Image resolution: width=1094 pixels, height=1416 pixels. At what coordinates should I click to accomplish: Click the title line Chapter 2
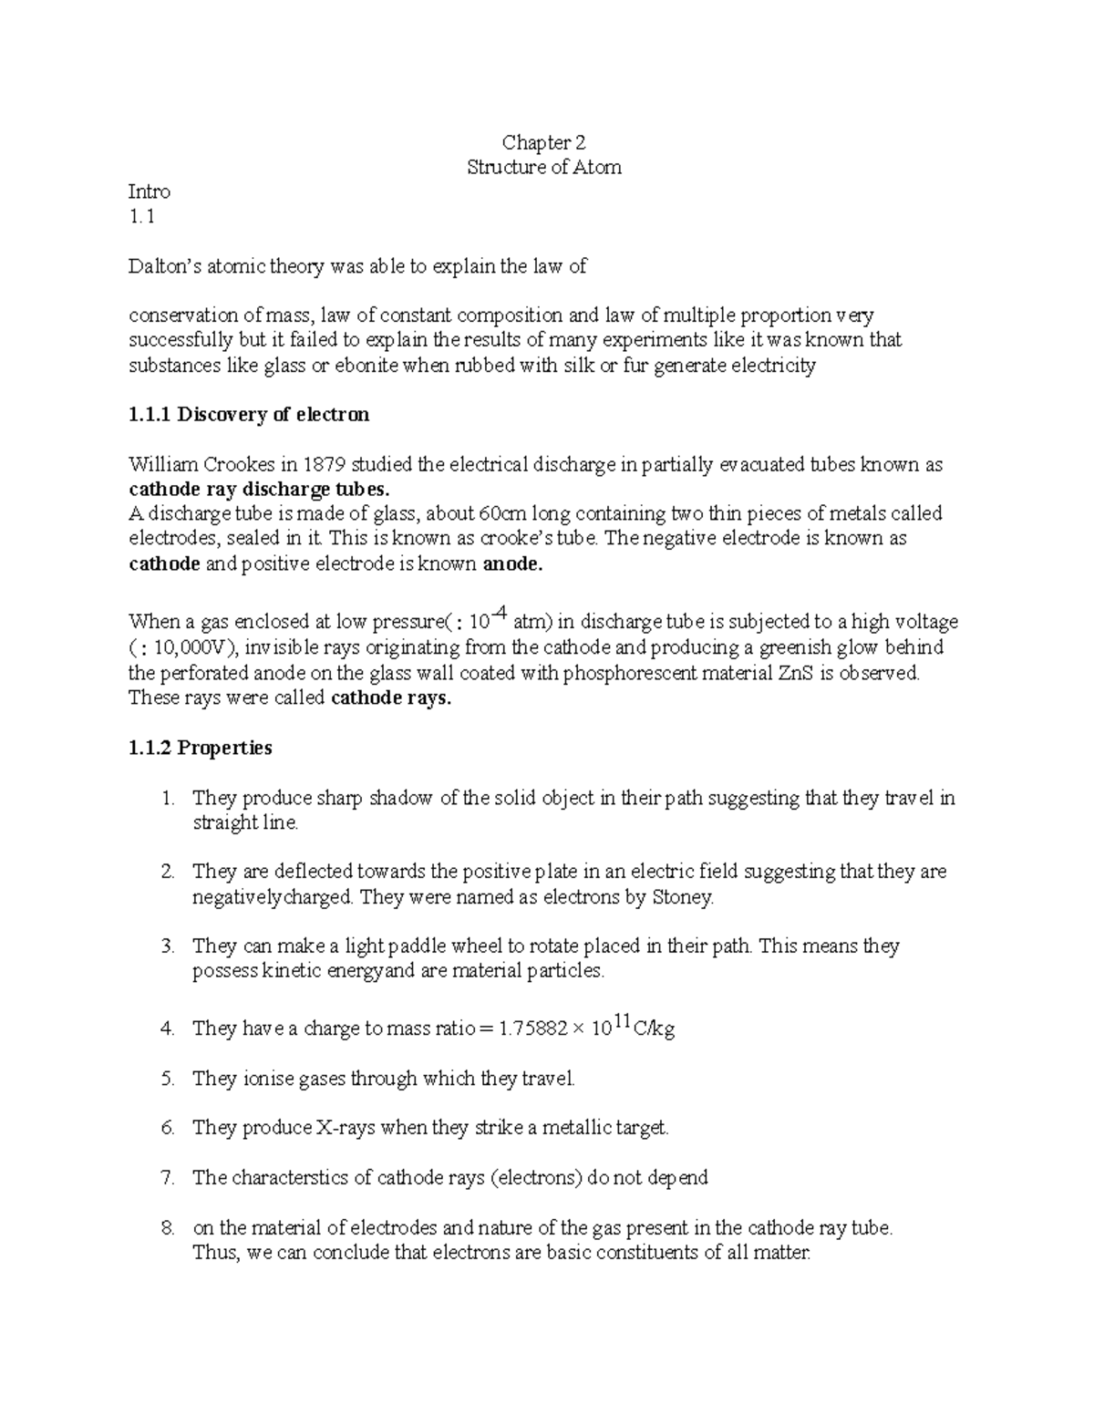point(543,142)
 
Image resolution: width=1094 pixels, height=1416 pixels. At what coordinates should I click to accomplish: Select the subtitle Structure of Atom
point(543,168)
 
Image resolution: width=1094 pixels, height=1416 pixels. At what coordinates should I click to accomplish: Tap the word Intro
point(150,192)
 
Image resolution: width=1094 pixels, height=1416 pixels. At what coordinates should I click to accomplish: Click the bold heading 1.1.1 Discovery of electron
point(249,415)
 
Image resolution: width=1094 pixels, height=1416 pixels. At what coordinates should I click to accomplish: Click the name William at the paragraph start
point(162,465)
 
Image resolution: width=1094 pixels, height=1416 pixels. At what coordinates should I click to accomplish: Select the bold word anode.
point(511,564)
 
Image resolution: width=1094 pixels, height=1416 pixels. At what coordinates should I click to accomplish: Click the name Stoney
point(682,897)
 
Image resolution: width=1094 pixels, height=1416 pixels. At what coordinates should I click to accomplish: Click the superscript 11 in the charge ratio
point(623,1023)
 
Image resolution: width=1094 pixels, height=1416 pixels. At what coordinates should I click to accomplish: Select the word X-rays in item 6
point(346,1129)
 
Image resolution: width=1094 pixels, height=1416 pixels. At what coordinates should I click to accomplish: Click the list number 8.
point(167,1228)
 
